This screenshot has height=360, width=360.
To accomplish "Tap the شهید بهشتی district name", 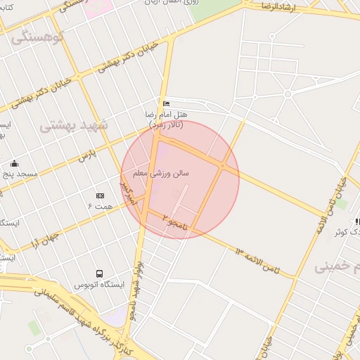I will pos(74,125).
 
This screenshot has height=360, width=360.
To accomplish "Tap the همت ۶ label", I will pos(99,205).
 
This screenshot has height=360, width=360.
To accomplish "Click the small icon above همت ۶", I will pos(99,195).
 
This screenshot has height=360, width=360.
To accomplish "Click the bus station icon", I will pos(99,274).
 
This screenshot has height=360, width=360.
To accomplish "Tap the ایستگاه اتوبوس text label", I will pos(99,285).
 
